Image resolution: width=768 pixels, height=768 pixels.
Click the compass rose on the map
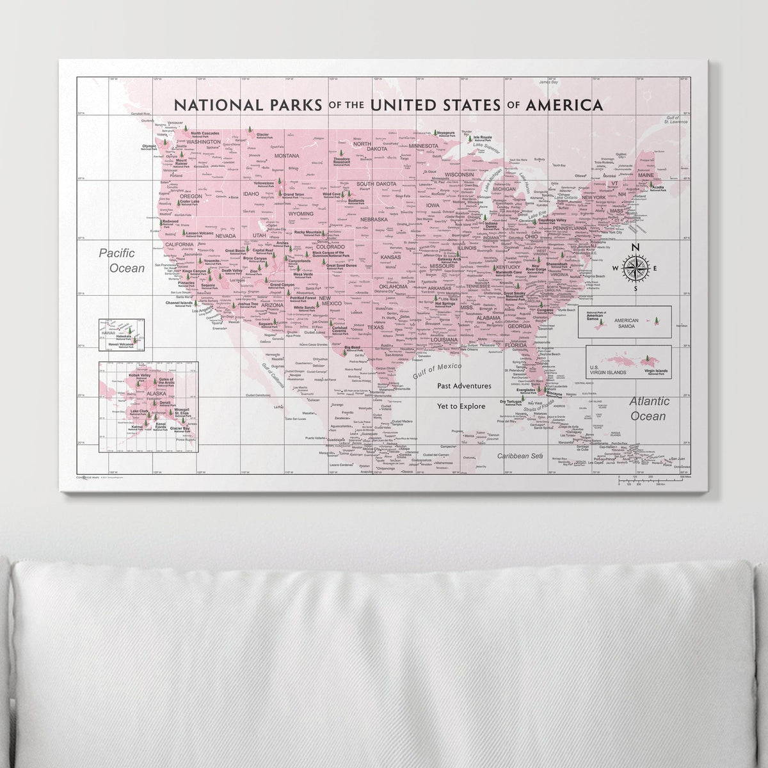tap(635, 268)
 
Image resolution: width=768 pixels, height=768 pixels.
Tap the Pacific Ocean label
tap(122, 261)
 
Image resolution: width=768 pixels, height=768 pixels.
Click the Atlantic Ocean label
tap(650, 408)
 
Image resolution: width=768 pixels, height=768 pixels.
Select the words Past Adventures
tap(464, 386)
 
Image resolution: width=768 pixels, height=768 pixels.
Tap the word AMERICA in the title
tap(563, 105)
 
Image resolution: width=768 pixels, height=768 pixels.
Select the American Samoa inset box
tap(624, 322)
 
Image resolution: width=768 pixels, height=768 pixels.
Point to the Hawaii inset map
tap(121, 335)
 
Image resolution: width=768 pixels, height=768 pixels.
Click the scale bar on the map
tap(652, 479)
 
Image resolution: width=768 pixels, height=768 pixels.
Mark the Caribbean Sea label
tap(520, 456)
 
